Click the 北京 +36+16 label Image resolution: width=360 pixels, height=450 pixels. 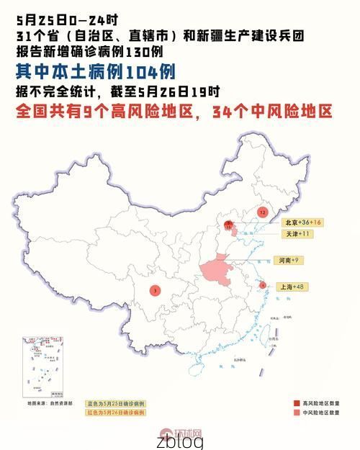coord(302,222)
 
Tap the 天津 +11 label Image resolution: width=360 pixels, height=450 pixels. coord(296,234)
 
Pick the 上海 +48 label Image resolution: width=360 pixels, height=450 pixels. coord(294,287)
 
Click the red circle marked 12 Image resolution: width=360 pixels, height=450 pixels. coord(263,212)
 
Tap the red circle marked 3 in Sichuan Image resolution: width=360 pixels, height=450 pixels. coord(156,290)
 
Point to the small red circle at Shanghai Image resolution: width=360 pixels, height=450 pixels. coord(263,285)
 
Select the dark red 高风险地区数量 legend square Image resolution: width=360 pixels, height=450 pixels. coord(297,403)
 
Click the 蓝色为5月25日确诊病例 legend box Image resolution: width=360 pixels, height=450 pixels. coord(116,403)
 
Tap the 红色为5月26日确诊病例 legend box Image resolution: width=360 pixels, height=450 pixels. coord(116,413)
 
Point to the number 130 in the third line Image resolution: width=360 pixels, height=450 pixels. coord(137,53)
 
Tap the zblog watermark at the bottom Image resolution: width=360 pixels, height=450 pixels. coord(180,440)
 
